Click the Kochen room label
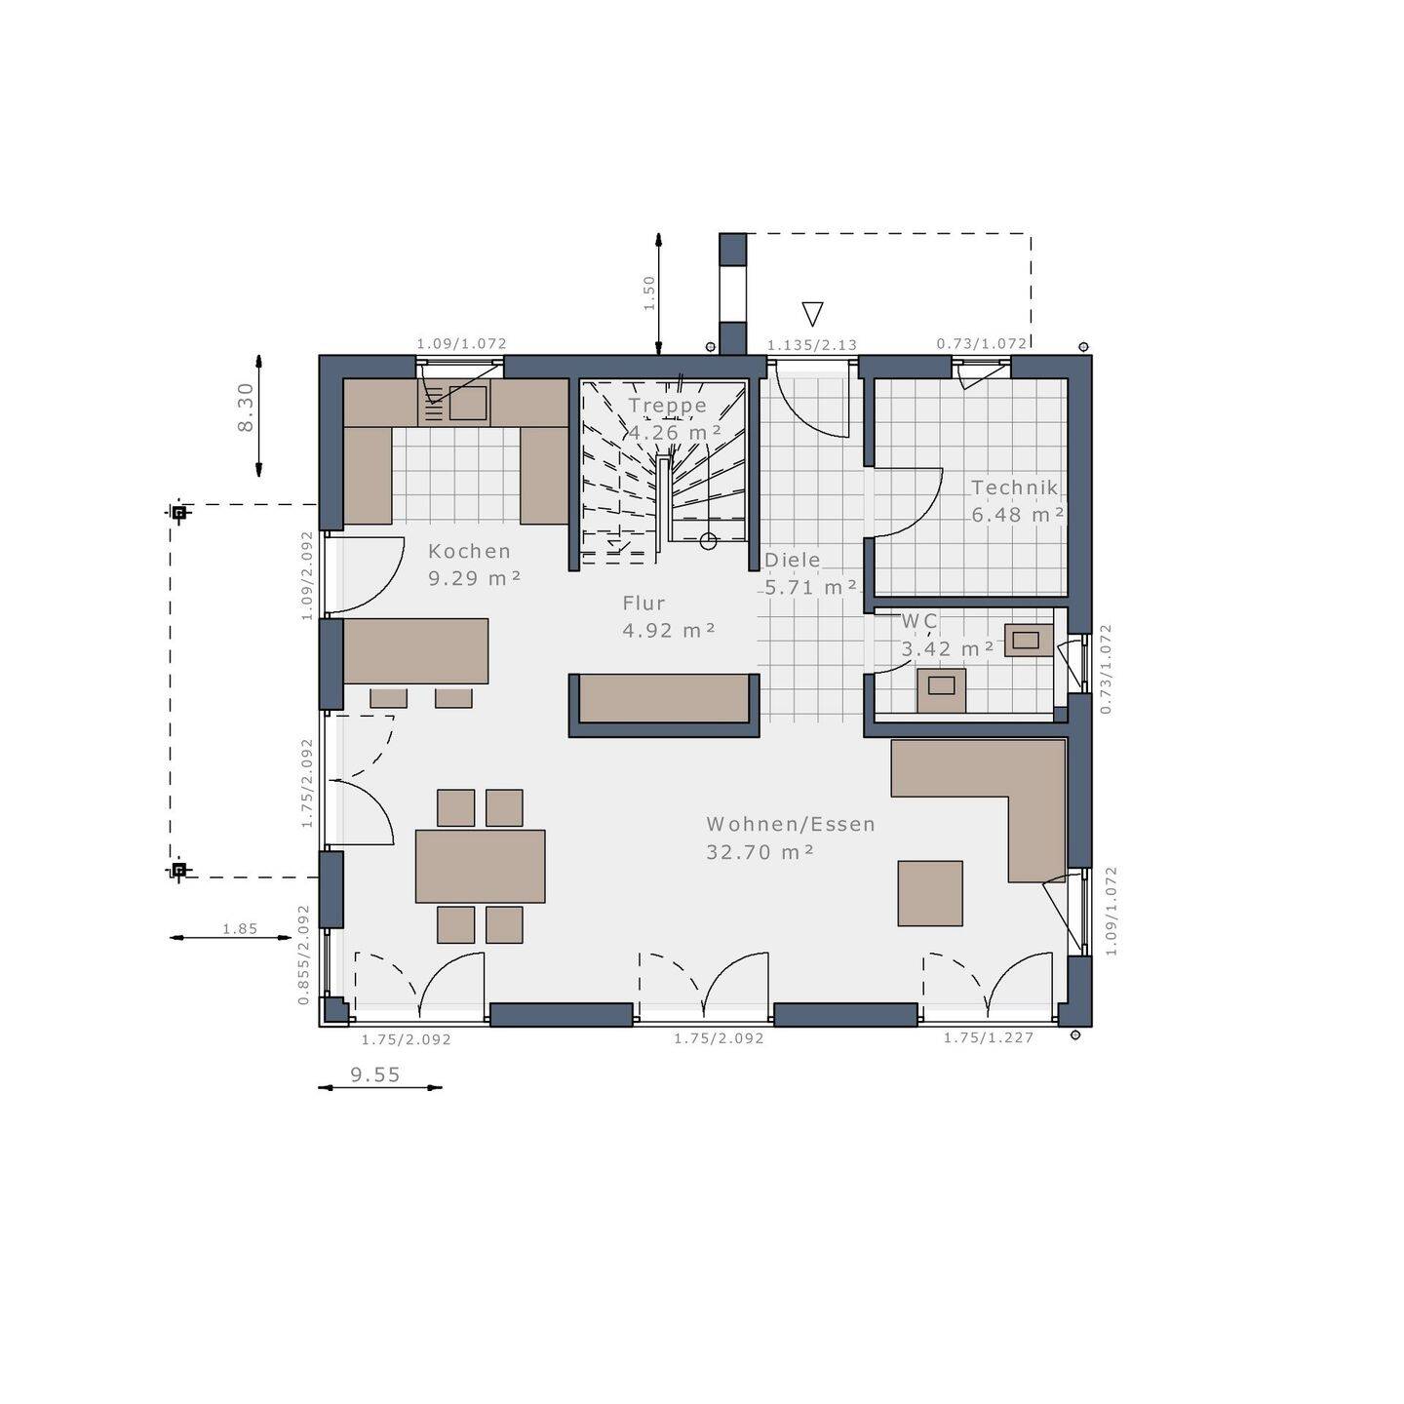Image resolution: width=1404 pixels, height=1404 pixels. (469, 551)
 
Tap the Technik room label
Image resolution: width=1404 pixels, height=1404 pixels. (1014, 487)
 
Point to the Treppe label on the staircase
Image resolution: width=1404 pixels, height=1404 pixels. (667, 406)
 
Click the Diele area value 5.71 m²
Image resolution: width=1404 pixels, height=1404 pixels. (810, 587)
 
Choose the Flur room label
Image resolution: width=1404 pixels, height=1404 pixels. (643, 604)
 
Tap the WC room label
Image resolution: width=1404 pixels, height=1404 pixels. (918, 621)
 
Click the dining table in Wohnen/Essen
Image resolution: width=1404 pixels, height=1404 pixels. (480, 866)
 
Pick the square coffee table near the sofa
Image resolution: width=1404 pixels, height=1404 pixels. (930, 893)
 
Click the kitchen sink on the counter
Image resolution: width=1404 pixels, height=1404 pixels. (467, 403)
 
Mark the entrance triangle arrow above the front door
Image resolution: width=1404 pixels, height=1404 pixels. (812, 313)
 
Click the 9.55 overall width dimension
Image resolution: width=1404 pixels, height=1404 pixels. (375, 1074)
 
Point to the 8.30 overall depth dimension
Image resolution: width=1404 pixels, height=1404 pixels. (246, 407)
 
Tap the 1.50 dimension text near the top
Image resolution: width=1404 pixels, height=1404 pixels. (649, 292)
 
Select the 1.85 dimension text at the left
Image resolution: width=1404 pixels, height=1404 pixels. (240, 929)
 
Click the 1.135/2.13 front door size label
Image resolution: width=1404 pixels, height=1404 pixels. (811, 345)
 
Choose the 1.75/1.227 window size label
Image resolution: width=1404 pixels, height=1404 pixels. (988, 1037)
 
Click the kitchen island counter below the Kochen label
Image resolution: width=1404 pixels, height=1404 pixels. (415, 650)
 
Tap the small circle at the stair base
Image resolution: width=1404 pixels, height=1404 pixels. (709, 541)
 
